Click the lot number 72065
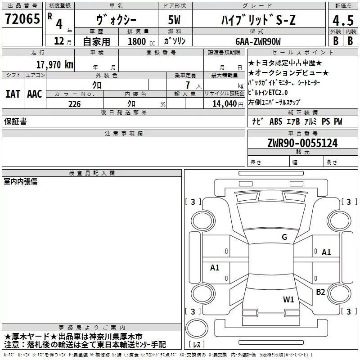pyautogui.click(x=22, y=19)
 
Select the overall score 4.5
pyautogui.click(x=343, y=20)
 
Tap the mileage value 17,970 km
pyautogui.click(x=54, y=65)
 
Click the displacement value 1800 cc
pyautogui.click(x=141, y=41)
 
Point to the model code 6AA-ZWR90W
pyautogui.click(x=258, y=41)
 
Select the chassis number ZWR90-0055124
pyautogui.click(x=302, y=143)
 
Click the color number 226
pyautogui.click(x=74, y=104)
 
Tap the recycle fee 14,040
pyautogui.click(x=224, y=104)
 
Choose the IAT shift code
pyautogui.click(x=13, y=94)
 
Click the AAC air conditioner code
pyautogui.click(x=35, y=94)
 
